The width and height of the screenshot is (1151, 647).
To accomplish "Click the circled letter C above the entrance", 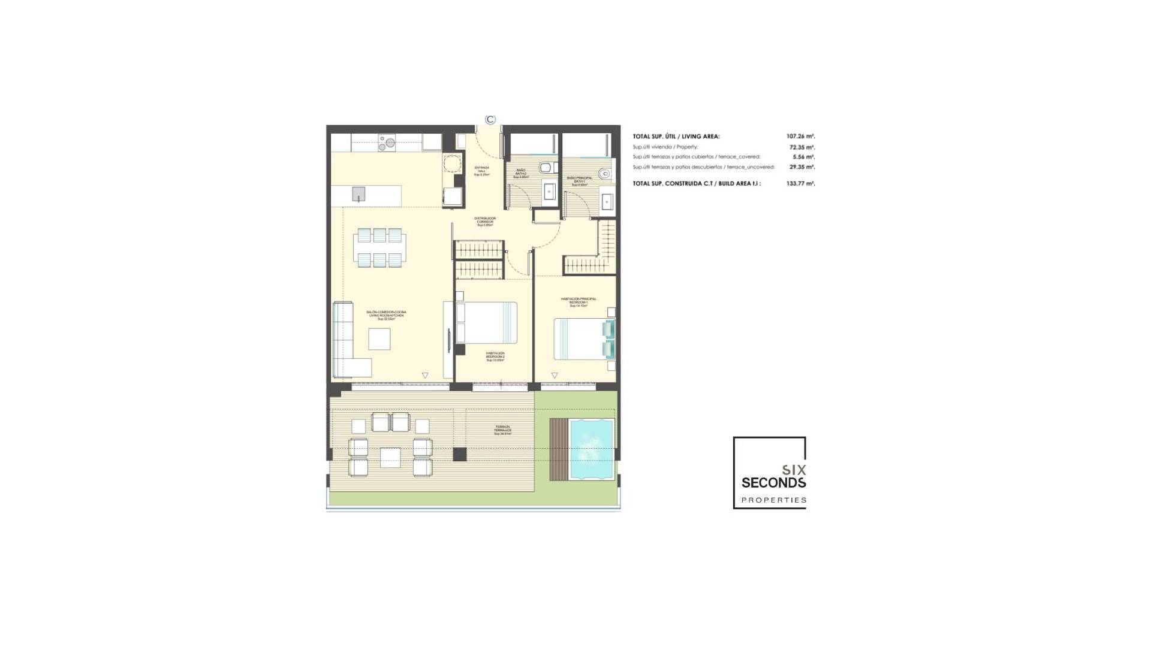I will [490, 119].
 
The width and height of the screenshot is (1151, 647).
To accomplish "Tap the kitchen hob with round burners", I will [387, 142].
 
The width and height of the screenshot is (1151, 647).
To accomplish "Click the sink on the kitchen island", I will [358, 194].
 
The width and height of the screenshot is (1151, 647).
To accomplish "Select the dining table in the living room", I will [378, 247].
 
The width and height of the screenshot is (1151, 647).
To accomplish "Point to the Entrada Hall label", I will [481, 171].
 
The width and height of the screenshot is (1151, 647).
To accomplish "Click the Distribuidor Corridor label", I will [484, 221].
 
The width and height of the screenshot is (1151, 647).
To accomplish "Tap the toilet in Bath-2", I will [545, 167].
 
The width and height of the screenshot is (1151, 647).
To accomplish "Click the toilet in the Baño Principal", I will [605, 174].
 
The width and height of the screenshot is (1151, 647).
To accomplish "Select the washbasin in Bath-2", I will [550, 191].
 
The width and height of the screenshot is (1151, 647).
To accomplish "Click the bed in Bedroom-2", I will [486, 322].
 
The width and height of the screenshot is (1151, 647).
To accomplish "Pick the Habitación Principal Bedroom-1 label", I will [578, 301].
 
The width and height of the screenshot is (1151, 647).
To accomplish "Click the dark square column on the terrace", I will [459, 454].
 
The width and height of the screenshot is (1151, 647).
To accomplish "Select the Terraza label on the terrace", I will [502, 430].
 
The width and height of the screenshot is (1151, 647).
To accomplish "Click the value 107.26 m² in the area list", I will [800, 137].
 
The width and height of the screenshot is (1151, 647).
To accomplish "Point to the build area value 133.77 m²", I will [800, 184].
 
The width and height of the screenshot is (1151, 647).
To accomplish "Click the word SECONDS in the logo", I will [773, 483].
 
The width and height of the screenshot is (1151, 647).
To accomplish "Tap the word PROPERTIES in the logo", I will [773, 500].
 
